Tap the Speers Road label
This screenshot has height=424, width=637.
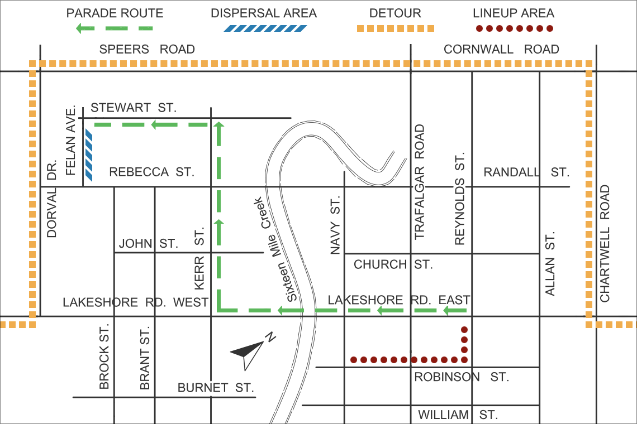(x=147, y=49)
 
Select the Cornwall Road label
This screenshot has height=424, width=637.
(x=501, y=49)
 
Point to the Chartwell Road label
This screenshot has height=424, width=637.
(x=605, y=243)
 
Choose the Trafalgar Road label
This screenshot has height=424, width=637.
(x=420, y=182)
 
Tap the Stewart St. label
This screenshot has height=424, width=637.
(x=133, y=107)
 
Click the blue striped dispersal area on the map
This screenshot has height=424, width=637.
(x=88, y=156)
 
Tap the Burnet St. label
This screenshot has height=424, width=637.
(x=216, y=387)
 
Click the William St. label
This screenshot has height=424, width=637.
(x=457, y=415)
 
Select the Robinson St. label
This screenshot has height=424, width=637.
(x=461, y=377)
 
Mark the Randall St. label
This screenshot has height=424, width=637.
(x=526, y=172)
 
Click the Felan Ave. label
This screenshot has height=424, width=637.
(x=70, y=139)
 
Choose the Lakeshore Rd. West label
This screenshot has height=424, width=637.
(x=135, y=302)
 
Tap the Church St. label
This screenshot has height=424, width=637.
(x=393, y=264)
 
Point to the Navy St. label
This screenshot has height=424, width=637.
(x=335, y=226)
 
